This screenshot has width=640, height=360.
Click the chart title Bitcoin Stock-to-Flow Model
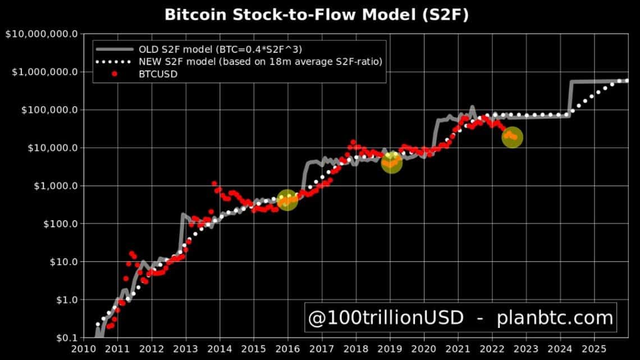pos(316,15)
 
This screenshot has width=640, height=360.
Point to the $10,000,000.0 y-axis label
pos(42,34)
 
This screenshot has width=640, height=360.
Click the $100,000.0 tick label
pos(48,110)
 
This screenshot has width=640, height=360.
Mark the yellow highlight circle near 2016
pos(287,199)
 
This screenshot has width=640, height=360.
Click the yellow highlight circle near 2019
pos(391,162)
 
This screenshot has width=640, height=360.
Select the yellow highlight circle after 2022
pos(512,137)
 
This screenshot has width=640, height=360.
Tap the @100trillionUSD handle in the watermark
pos(386,318)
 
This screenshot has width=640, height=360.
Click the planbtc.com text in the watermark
pos(555,318)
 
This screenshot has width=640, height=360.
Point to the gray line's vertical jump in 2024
pos(570,98)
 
